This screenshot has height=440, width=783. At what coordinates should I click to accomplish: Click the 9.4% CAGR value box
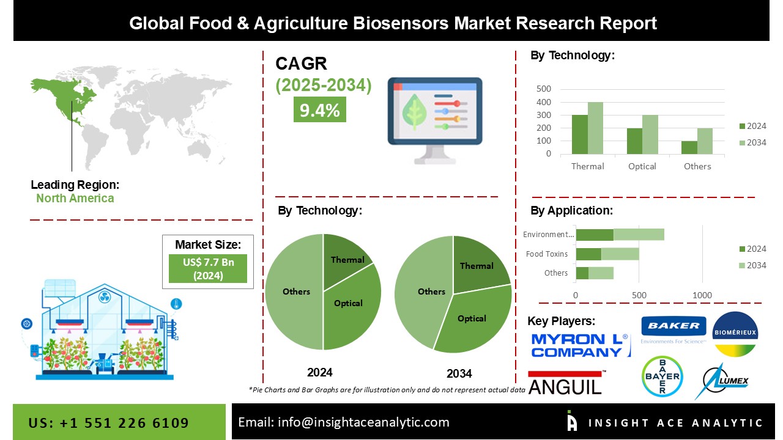(x=319, y=109)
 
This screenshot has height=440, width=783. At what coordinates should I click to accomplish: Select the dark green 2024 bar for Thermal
(x=579, y=134)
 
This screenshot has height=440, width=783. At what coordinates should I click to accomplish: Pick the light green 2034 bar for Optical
(x=650, y=134)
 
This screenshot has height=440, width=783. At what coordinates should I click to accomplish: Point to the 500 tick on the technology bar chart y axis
(x=544, y=89)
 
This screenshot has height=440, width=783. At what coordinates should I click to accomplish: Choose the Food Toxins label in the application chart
(x=547, y=254)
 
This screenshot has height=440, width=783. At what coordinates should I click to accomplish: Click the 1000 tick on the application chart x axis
(x=702, y=295)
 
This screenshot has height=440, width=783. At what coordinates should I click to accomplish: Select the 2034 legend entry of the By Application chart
(x=752, y=265)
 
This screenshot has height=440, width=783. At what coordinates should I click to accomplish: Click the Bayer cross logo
(x=662, y=376)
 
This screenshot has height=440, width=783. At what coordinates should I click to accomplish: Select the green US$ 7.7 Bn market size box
(x=208, y=268)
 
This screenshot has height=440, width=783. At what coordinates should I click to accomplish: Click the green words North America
(x=75, y=199)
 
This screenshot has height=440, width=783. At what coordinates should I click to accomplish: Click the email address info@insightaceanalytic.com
(x=363, y=422)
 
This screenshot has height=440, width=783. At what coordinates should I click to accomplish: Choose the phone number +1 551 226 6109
(x=124, y=423)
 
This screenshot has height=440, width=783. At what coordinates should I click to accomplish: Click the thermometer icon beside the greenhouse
(x=176, y=304)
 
